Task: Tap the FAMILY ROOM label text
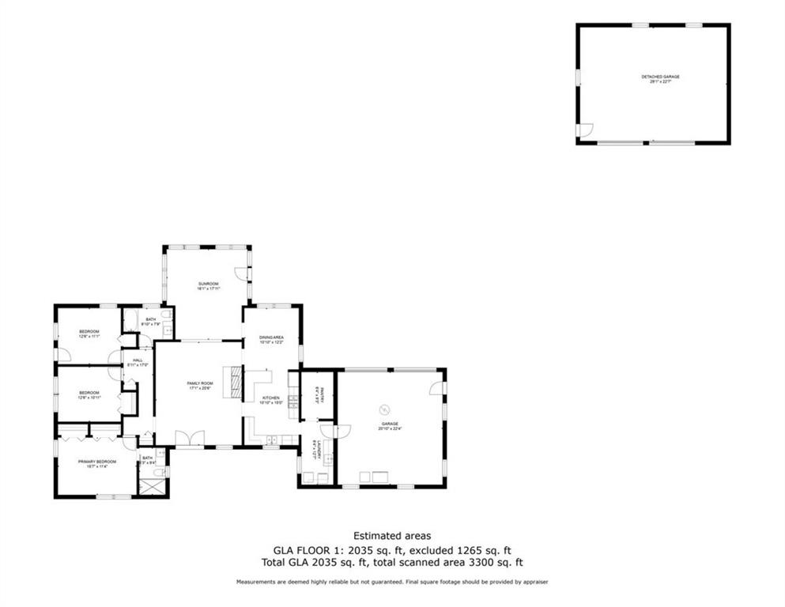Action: (200, 383)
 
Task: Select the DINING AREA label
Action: (271, 337)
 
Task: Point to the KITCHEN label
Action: (272, 398)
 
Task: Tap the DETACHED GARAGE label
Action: (660, 77)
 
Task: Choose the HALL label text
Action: (138, 360)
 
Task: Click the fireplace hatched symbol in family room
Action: (233, 382)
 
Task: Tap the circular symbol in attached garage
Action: (385, 409)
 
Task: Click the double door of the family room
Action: (190, 438)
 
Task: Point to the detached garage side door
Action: (584, 130)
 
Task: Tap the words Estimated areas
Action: (392, 535)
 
